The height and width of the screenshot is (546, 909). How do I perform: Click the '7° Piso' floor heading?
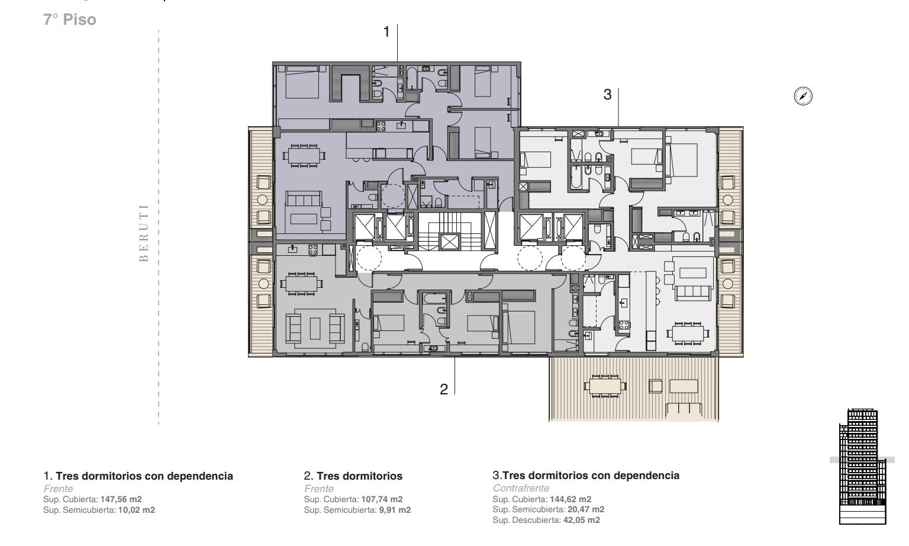70,20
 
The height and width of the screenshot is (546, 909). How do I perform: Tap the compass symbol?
803,96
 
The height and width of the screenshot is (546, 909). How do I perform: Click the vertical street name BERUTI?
144,233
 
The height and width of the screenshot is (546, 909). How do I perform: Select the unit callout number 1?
386,31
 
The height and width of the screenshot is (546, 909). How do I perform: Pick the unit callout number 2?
444,389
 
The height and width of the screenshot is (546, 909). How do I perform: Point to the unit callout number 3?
608,95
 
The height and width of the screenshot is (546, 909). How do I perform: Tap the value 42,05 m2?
582,520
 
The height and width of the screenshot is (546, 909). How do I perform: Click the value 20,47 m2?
586,509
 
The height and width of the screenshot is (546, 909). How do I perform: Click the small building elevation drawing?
862,467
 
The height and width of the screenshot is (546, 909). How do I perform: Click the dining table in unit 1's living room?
304,156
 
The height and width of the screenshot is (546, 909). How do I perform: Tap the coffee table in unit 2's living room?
315,329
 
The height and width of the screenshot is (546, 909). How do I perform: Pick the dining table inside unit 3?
688,333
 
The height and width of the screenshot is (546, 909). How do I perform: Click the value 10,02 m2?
137,510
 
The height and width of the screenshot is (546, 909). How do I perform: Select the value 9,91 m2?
395,510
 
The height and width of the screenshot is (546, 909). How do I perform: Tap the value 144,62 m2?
570,499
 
